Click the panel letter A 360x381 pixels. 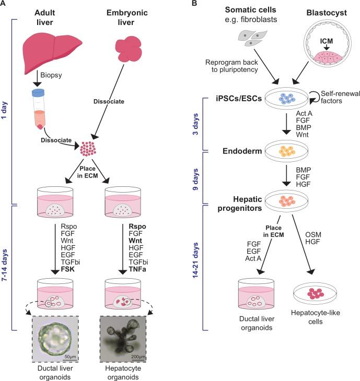tap(5, 5)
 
